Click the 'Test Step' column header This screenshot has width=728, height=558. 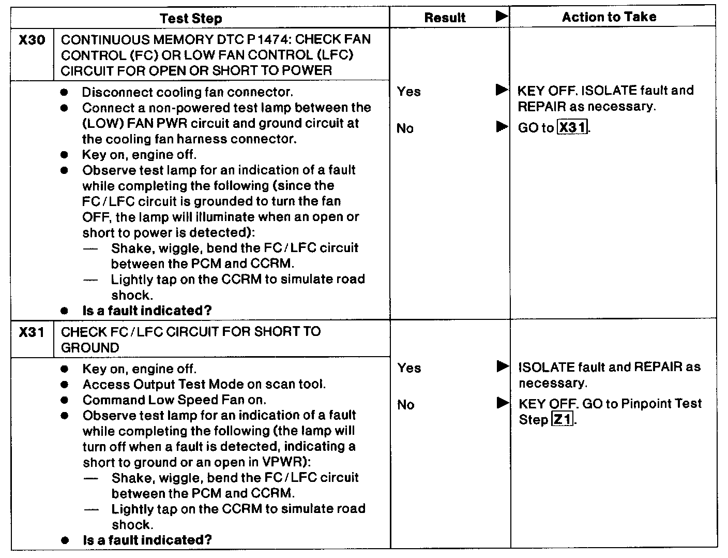coord(191,19)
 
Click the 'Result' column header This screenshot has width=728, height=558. coord(445,18)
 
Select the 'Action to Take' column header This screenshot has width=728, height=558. coord(609,17)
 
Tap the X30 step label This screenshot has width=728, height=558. coord(32,40)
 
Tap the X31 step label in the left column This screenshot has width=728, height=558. coord(32,332)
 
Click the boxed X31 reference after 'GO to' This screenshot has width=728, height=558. coord(573,127)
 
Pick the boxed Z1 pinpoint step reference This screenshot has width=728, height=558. coord(562,420)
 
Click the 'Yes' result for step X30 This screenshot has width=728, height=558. coord(409,92)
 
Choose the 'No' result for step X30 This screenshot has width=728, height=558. coord(405,128)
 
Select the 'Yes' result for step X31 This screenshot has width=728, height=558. coord(410,368)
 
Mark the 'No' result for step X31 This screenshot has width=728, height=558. coord(406,405)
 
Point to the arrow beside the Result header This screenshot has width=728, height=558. coord(502,17)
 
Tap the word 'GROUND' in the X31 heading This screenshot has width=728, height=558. coord(90,348)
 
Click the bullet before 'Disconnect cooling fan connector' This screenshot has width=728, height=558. coord(64,93)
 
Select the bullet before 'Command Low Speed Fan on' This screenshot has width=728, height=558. coord(64,400)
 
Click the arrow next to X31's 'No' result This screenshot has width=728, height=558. coord(502,403)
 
